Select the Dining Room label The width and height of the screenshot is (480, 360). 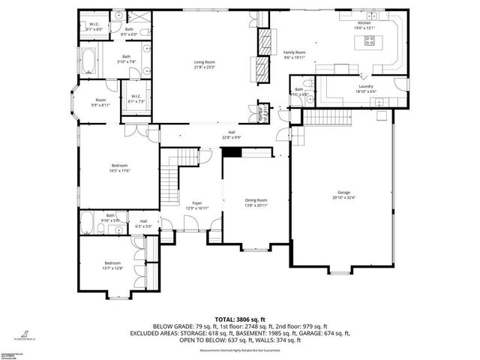[256, 199]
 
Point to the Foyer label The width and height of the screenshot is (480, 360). [196, 203]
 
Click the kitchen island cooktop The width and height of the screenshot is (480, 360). [370, 41]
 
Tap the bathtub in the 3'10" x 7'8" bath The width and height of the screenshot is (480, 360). [88, 60]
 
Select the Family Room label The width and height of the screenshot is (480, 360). [295, 52]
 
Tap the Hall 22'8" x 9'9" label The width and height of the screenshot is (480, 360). [232, 135]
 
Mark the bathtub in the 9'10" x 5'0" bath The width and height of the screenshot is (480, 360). [87, 223]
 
